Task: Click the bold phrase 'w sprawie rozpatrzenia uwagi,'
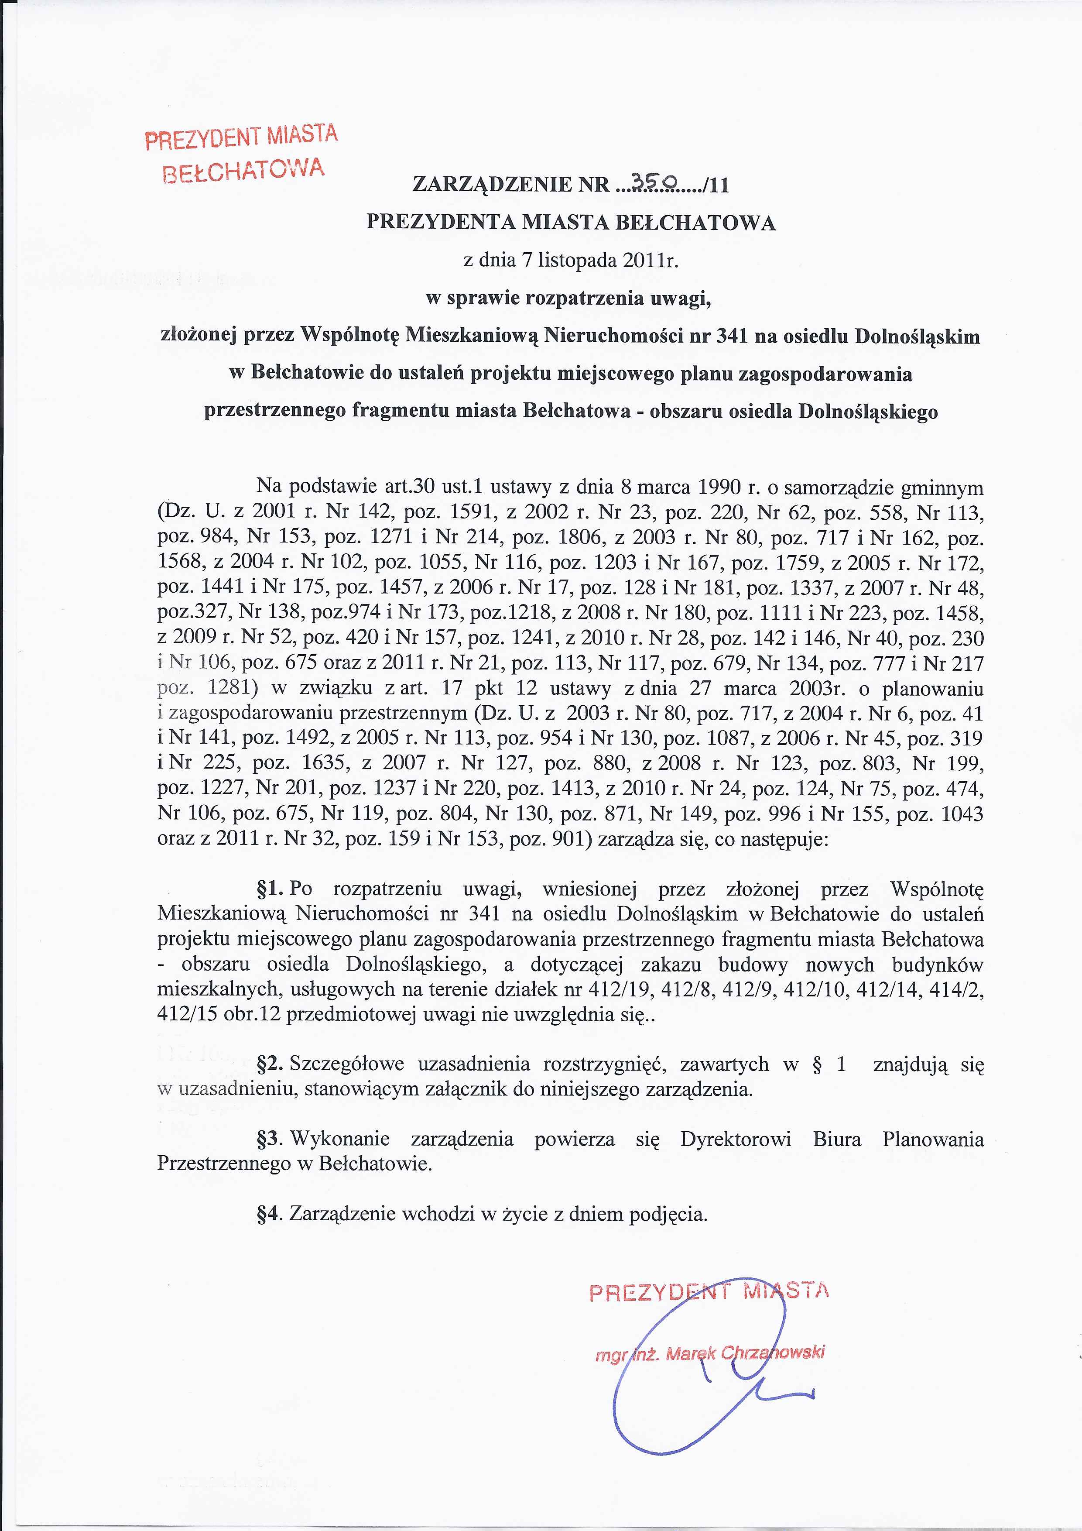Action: [x=568, y=298]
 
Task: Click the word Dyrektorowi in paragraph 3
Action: [x=735, y=1139]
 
